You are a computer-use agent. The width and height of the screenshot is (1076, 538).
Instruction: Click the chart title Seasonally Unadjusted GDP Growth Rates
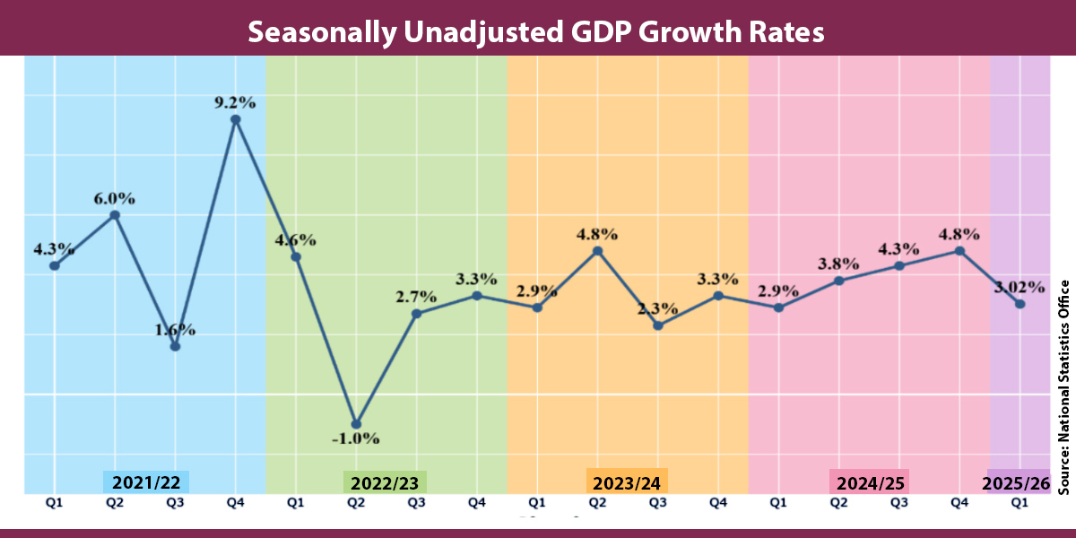536,31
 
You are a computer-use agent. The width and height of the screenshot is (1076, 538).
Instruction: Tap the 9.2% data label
235,102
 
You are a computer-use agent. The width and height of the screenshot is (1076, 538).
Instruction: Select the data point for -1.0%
356,424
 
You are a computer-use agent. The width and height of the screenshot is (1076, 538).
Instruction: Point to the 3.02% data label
1019,288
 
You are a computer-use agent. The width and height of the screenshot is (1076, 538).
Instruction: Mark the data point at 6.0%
115,214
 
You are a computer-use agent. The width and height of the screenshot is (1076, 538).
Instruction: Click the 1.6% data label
175,329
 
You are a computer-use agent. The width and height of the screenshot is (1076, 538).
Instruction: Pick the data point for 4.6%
296,256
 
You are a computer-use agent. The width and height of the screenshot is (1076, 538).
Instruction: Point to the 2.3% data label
657,308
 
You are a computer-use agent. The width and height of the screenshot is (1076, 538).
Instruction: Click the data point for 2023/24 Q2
598,251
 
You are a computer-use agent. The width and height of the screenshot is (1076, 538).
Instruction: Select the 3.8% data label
838,265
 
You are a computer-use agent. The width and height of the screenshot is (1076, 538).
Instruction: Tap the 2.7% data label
416,297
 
